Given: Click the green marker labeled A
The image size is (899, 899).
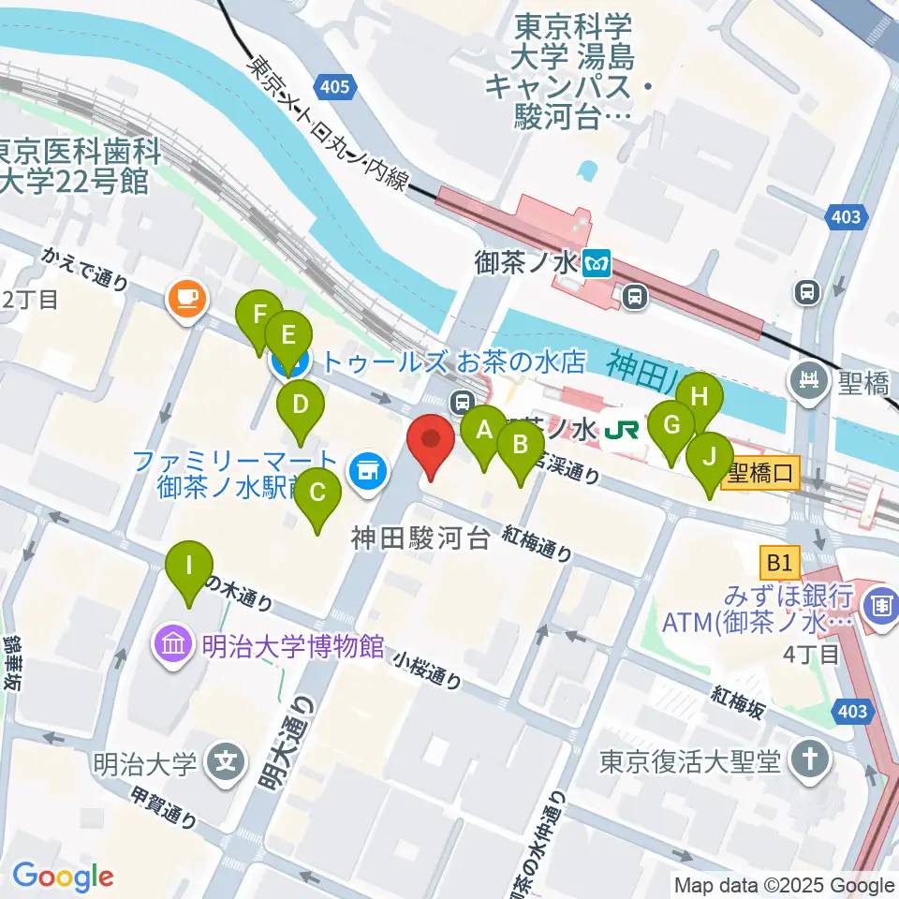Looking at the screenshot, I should (484, 432).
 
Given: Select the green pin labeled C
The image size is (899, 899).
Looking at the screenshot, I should (317, 494).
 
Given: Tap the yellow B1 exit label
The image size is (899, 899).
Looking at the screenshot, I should (780, 563).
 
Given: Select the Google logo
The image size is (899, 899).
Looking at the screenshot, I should (63, 877).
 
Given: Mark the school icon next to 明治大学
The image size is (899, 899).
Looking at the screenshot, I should (226, 759).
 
